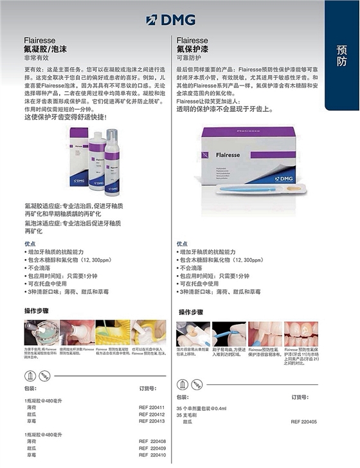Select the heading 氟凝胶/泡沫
46,48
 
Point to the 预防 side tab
342,57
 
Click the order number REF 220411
152,408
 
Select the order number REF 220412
152,415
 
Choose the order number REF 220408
152,442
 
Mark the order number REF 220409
152,448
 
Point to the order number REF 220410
152,455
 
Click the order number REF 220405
304,422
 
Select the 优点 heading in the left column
30,244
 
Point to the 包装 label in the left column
30,388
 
